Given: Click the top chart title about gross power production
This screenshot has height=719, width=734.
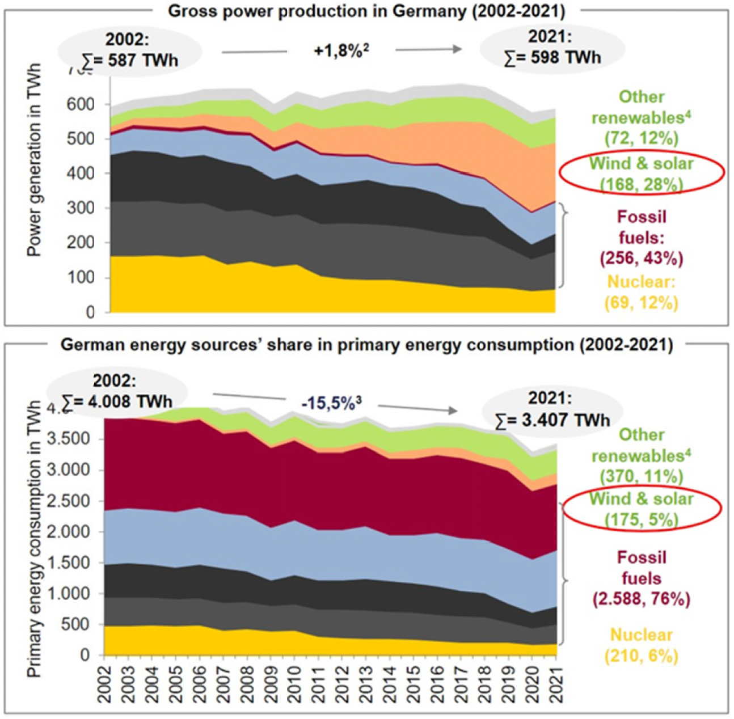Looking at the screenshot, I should tap(366, 11).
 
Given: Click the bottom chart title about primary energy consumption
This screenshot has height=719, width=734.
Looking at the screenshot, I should tap(366, 345).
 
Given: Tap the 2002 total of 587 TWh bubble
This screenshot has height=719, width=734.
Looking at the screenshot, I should tap(130, 50).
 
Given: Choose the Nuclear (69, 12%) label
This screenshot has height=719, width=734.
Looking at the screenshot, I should tap(642, 292).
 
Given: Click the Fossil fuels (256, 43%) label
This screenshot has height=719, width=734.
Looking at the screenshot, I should tap(642, 238).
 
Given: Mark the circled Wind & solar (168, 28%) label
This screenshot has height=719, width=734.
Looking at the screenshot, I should tap(642, 174).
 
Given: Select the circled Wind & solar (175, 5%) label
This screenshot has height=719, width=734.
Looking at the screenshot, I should tap(642, 509).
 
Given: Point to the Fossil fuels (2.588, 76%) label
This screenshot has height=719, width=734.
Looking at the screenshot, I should tap(642, 578).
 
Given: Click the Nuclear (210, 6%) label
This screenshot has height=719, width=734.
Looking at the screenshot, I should tap(642, 645).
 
